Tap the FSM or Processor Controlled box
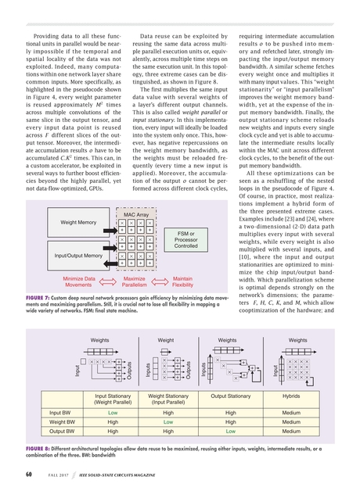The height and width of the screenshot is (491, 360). pyautogui.click(x=186, y=239)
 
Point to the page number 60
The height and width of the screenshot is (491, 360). pyautogui.click(x=27, y=474)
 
